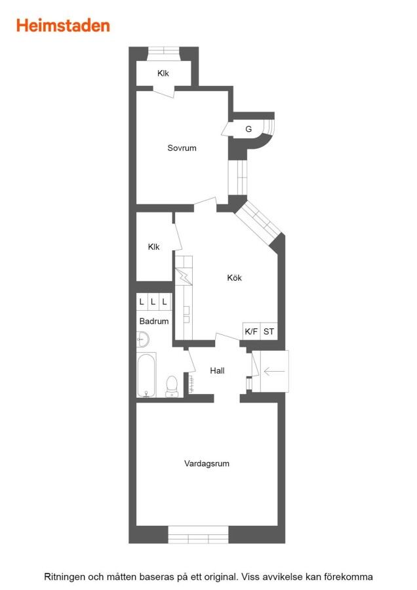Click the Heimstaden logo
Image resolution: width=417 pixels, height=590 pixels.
coord(63,26)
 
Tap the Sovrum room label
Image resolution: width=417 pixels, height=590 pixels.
coord(182,148)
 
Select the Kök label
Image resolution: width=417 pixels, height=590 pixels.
coord(234,278)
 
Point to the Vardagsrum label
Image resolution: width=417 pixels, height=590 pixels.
coord(207,463)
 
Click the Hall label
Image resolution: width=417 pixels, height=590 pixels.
coord(217,370)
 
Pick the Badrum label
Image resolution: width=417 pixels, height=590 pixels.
coord(154,321)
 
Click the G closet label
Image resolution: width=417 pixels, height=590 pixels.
coord(248,129)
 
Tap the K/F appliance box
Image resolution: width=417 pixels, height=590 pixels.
coord(251,332)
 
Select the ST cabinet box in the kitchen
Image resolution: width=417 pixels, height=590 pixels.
coord(269,332)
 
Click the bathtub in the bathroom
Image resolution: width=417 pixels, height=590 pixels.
coord(146,375)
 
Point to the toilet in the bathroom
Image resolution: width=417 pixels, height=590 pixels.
coord(172,386)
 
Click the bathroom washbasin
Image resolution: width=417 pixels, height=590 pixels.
coord(143,340)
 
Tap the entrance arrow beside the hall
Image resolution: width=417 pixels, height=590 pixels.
coord(274,372)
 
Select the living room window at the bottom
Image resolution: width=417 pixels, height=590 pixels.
coord(199,535)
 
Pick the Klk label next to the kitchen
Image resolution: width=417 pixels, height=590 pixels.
coord(153,247)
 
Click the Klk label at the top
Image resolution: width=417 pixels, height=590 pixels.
coord(163,73)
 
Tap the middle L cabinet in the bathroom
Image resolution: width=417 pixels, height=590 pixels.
coord(153,302)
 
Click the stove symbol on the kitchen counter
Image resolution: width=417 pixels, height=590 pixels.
coord(184,276)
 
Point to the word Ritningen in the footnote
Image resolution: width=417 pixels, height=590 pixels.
coord(64,577)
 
